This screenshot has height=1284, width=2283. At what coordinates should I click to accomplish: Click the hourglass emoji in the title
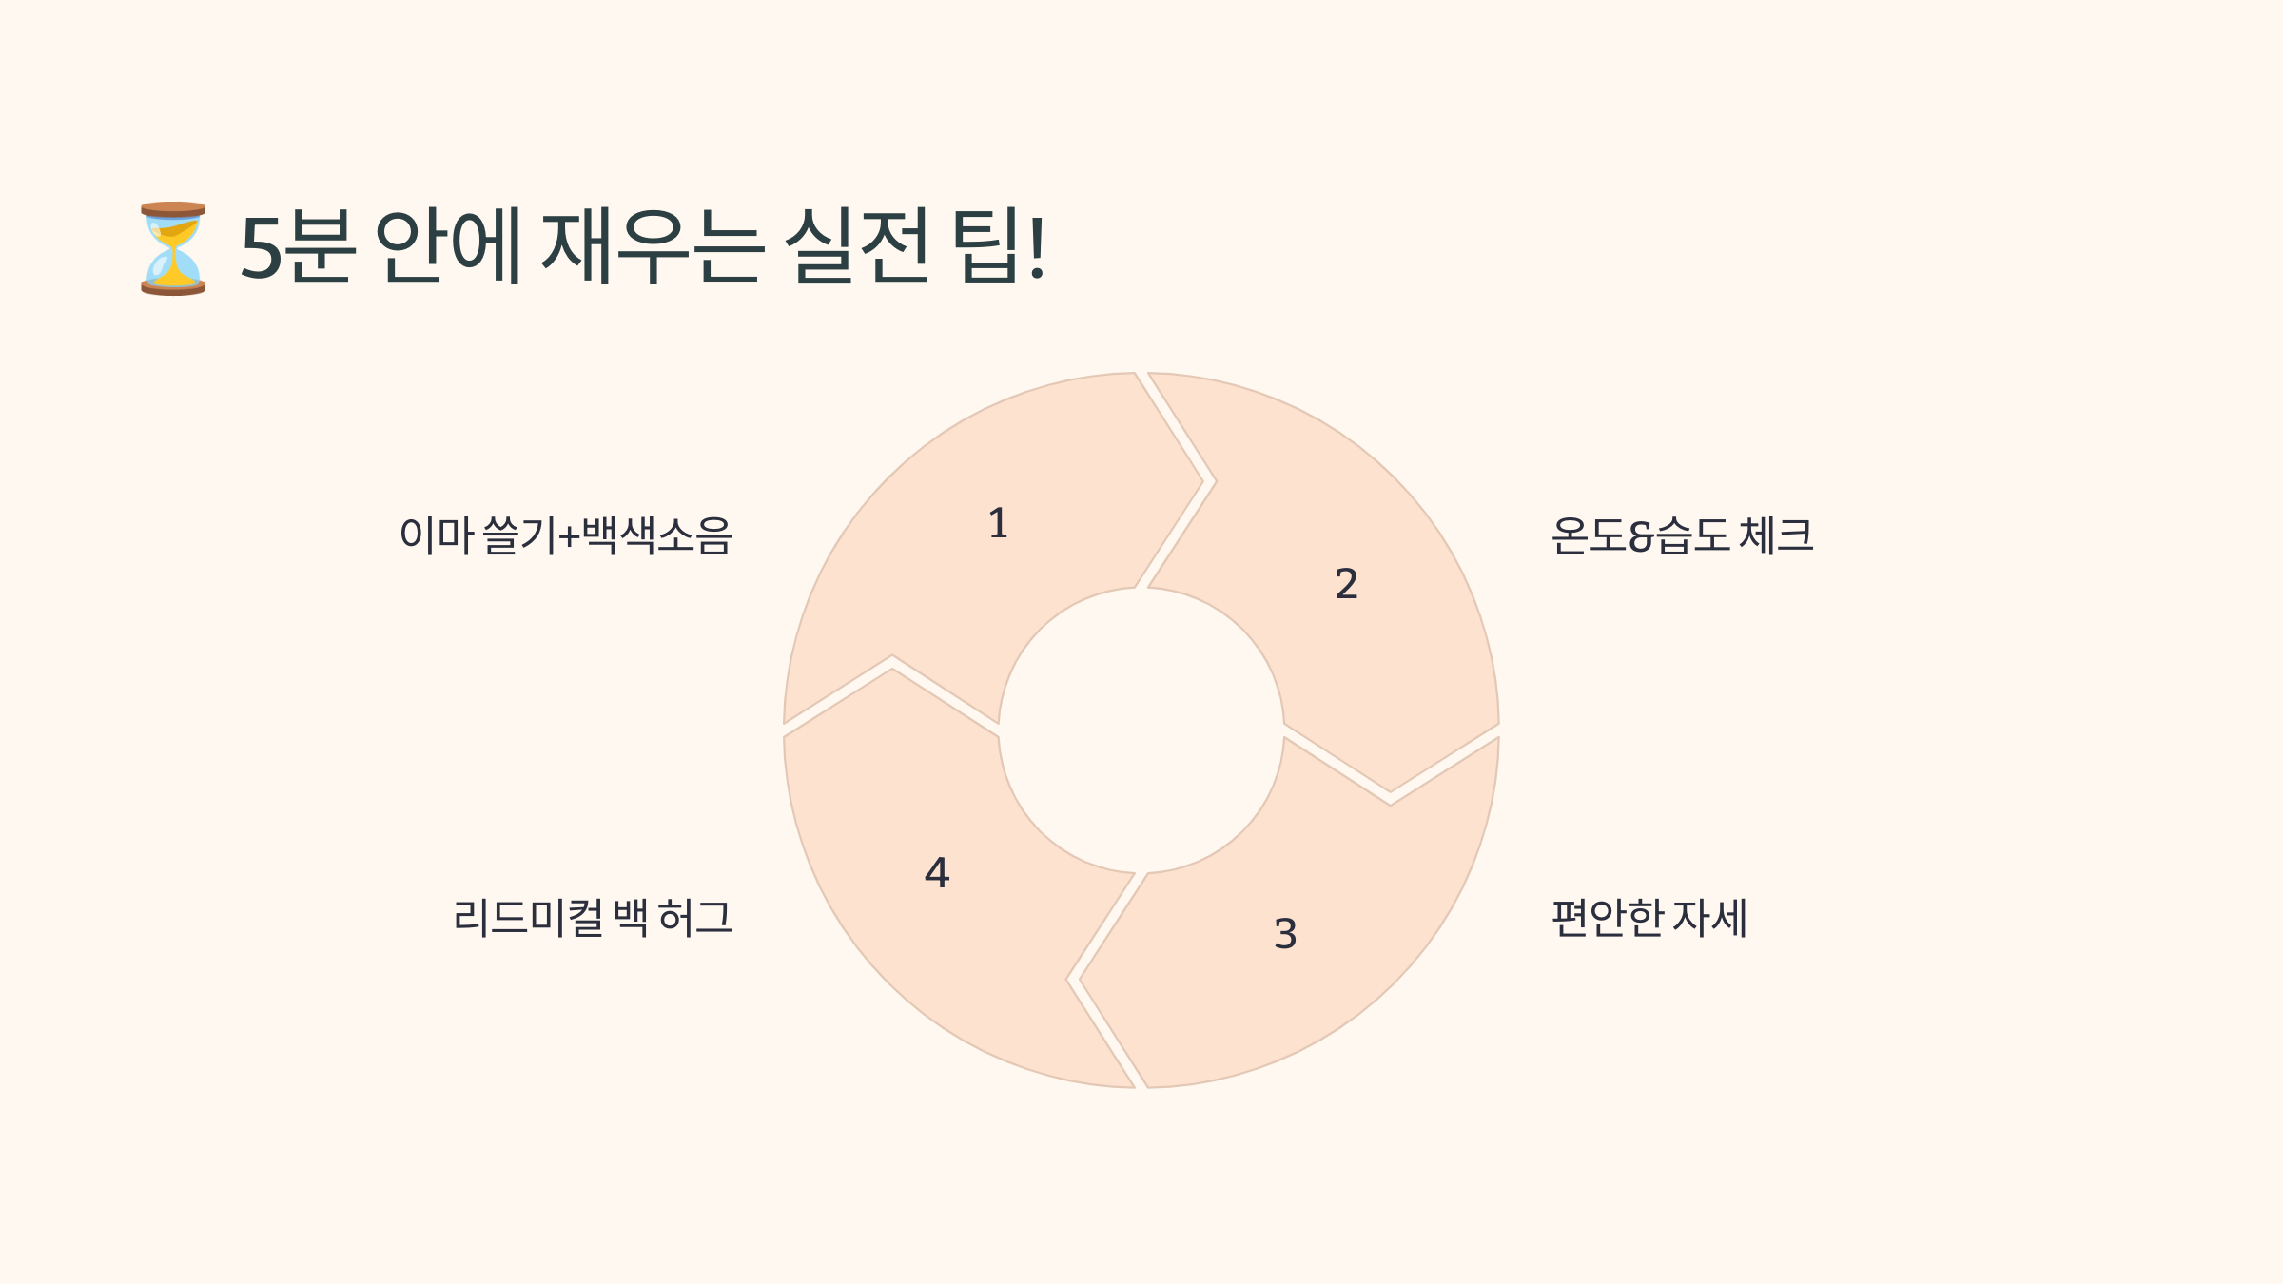pyautogui.click(x=173, y=248)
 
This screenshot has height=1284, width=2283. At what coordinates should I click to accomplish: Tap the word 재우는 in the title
pyautogui.click(x=653, y=247)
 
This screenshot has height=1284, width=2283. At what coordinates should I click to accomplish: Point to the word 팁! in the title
pyautogui.click(x=1001, y=247)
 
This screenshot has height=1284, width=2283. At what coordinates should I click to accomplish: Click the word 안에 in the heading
pyautogui.click(x=449, y=247)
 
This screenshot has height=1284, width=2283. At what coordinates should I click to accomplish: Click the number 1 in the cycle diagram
pyautogui.click(x=998, y=524)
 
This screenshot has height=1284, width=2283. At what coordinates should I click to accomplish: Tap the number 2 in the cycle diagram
pyautogui.click(x=1346, y=584)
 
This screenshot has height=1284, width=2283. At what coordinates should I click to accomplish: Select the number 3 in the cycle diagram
pyautogui.click(x=1285, y=934)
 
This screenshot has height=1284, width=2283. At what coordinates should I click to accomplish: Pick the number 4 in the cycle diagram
pyautogui.click(x=937, y=873)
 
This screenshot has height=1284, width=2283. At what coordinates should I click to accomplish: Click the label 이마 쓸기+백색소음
pyautogui.click(x=565, y=535)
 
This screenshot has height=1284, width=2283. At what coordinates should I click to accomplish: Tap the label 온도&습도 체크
pyautogui.click(x=1682, y=535)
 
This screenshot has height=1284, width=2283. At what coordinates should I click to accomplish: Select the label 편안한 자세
pyautogui.click(x=1649, y=918)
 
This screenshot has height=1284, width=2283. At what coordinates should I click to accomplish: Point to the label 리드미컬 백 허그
pyautogui.click(x=593, y=918)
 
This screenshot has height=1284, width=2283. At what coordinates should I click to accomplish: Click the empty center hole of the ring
pyautogui.click(x=1141, y=730)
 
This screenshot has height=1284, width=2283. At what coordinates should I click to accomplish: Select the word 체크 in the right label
pyautogui.click(x=1776, y=535)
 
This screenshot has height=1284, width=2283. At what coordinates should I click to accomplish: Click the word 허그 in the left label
pyautogui.click(x=695, y=918)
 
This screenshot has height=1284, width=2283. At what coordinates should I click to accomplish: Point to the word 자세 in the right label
pyautogui.click(x=1709, y=918)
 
